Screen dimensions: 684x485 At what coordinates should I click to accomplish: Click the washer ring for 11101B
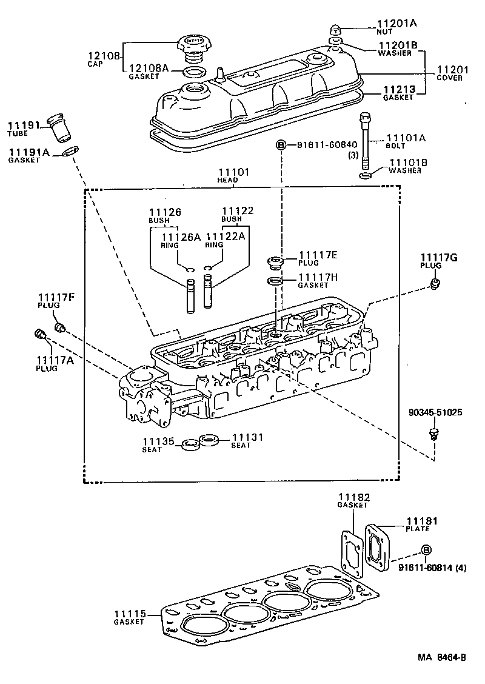(x=366, y=176)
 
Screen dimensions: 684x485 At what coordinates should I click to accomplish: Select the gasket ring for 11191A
(x=70, y=150)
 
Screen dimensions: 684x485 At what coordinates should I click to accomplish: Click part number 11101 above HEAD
(x=233, y=173)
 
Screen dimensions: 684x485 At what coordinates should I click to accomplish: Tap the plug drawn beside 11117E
(x=276, y=263)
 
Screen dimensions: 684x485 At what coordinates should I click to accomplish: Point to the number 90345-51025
(x=435, y=412)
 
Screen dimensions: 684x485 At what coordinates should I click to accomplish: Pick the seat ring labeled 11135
(x=190, y=444)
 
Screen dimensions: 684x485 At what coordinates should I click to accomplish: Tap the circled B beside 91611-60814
(x=426, y=549)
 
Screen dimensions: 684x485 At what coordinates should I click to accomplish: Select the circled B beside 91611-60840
(x=281, y=145)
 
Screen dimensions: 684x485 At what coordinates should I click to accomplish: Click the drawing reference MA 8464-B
(x=441, y=657)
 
